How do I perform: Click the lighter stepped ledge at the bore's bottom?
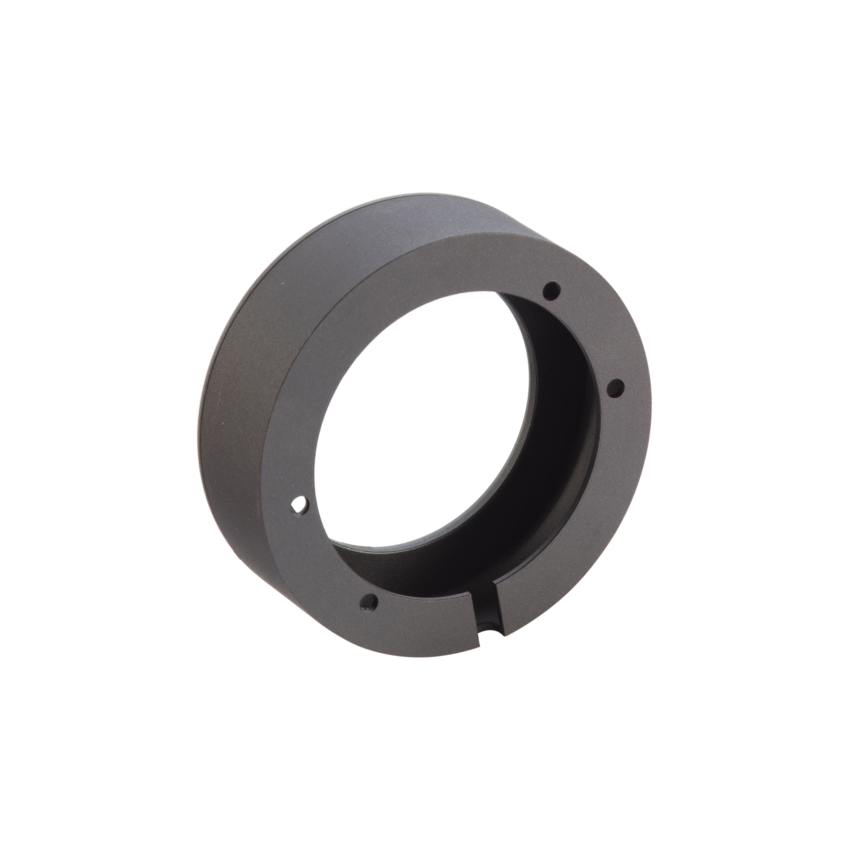coord(439,558)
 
